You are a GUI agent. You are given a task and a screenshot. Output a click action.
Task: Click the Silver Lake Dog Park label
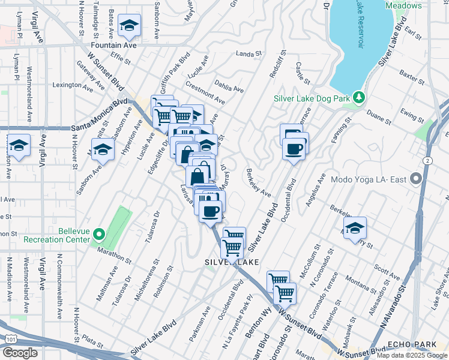coord(311,98)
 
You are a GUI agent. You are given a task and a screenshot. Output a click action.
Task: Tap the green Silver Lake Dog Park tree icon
coord(358,97)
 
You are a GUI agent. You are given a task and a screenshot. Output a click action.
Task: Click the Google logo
coord(20,353)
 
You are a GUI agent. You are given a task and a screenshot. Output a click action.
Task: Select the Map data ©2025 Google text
coord(411,355)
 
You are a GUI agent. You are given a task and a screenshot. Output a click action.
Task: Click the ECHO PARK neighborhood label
coord(406,344)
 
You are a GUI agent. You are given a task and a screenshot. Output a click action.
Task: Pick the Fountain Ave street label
coord(113,45)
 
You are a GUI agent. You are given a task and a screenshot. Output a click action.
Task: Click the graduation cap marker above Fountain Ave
coord(129,25)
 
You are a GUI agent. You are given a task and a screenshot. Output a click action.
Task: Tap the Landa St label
coord(250,53)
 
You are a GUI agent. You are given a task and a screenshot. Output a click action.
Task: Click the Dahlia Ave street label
coord(230,89)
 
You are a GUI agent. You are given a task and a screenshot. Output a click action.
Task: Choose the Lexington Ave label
coord(73,85)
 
